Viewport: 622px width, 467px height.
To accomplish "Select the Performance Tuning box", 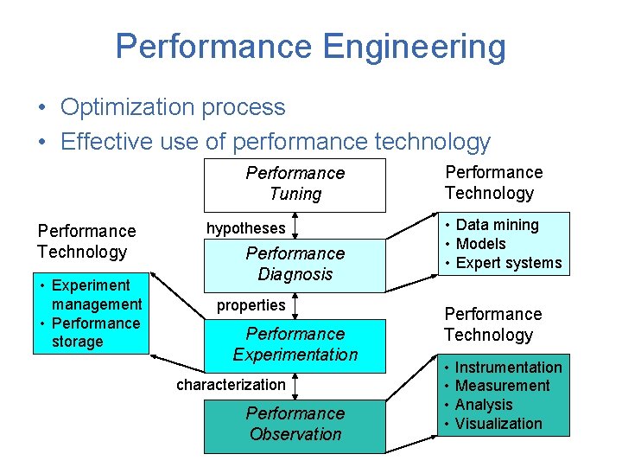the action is click(x=295, y=184).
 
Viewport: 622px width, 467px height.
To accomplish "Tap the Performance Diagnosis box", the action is click(x=295, y=264).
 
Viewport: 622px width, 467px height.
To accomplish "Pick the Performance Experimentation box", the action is click(x=295, y=344).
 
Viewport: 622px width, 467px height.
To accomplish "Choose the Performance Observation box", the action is click(x=295, y=424).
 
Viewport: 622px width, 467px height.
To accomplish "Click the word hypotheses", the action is click(x=245, y=228).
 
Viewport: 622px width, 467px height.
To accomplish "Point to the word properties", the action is click(x=251, y=305).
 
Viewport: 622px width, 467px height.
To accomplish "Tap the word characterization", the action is click(x=231, y=385).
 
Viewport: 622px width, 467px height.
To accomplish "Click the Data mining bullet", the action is click(x=497, y=225).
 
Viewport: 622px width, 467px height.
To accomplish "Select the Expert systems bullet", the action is click(x=508, y=263).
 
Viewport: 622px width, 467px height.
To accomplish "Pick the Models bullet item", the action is click(x=480, y=244).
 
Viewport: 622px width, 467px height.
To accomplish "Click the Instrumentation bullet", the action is click(x=508, y=368).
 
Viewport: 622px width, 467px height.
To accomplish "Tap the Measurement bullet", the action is click(x=502, y=386).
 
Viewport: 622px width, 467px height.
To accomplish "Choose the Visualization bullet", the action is click(x=498, y=424).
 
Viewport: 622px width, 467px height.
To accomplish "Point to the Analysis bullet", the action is click(x=484, y=405).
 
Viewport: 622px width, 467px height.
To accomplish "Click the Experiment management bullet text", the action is click(x=96, y=294).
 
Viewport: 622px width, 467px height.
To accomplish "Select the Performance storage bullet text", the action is click(x=95, y=332).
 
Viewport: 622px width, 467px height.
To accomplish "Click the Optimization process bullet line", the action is click(x=173, y=107).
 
